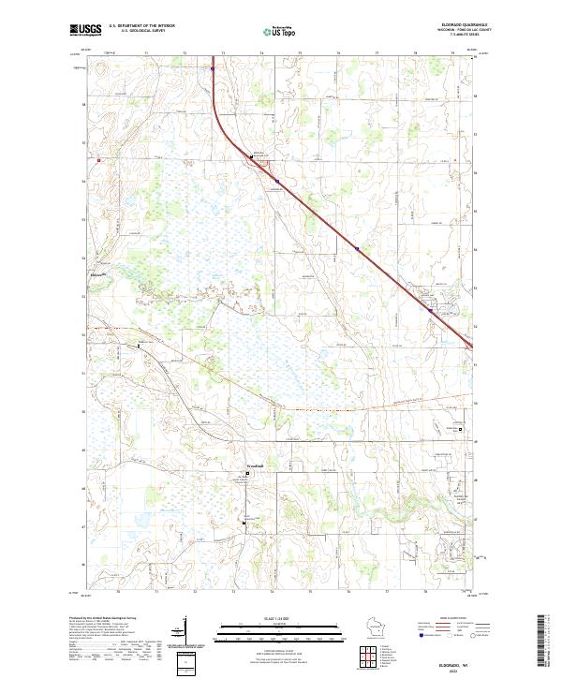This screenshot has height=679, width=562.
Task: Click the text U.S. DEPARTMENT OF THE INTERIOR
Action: click(x=140, y=27)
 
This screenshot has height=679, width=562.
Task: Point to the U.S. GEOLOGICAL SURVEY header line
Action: click(x=137, y=32)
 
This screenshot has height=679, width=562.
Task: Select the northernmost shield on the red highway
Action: click(x=213, y=68)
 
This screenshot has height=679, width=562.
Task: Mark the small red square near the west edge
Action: click(x=97, y=159)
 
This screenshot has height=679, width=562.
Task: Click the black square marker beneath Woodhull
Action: click(x=248, y=474)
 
